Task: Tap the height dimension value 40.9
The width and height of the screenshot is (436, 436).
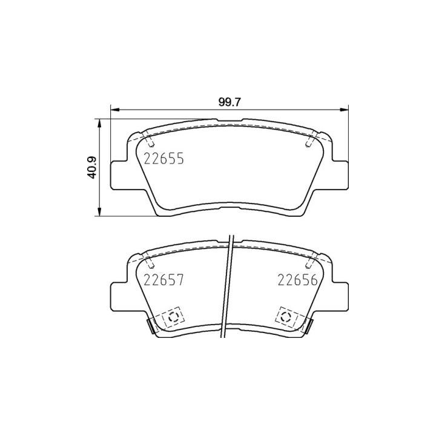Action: pyautogui.click(x=92, y=167)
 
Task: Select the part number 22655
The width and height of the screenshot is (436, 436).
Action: pyautogui.click(x=163, y=159)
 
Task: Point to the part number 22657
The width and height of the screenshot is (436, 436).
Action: pyautogui.click(x=163, y=280)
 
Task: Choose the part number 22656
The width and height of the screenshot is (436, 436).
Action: pyautogui.click(x=297, y=280)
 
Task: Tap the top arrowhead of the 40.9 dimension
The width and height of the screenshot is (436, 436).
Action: pyautogui.click(x=99, y=122)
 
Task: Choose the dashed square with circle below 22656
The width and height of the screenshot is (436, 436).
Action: pyautogui.click(x=286, y=316)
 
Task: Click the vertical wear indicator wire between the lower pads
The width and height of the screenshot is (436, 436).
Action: pyautogui.click(x=229, y=285)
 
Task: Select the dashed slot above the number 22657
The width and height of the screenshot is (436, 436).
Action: pyautogui.click(x=150, y=262)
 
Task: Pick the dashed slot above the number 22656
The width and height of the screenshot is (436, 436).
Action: pyautogui.click(x=310, y=262)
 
